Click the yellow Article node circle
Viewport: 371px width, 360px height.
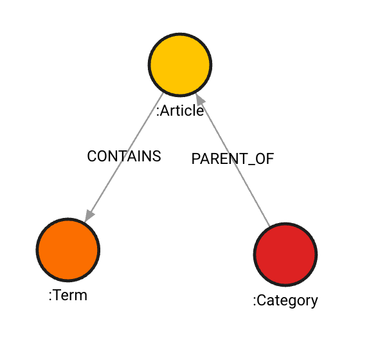click(180, 65)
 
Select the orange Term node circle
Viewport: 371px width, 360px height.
click(68, 250)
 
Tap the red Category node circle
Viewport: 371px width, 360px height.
click(285, 255)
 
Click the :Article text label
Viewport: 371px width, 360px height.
click(180, 111)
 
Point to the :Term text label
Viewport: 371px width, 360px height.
click(68, 296)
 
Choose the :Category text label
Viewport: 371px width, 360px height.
click(285, 301)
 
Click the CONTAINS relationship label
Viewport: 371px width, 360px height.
click(124, 156)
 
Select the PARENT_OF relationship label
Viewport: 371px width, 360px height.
click(233, 159)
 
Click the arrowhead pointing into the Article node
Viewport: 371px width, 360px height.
click(200, 100)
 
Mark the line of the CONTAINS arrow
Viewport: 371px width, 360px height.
click(124, 157)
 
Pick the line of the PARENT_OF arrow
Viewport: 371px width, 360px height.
click(233, 159)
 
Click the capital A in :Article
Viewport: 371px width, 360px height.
click(165, 111)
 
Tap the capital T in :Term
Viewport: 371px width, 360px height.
click(57, 296)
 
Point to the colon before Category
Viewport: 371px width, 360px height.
click(255, 301)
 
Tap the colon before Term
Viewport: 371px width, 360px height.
click(50, 296)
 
